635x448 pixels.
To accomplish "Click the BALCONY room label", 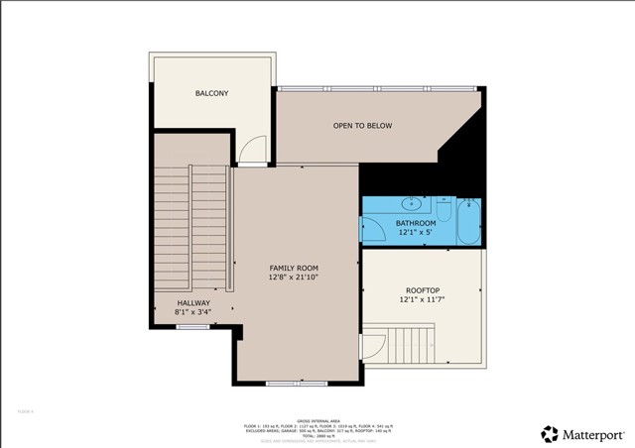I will (x=211, y=94).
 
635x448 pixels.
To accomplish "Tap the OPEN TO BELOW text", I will (x=362, y=126).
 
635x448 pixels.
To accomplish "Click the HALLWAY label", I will (x=192, y=303).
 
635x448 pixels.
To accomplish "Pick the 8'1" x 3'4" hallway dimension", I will (x=192, y=313).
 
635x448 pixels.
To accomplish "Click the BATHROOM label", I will (x=416, y=224).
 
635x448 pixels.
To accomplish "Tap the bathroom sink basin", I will (x=410, y=205).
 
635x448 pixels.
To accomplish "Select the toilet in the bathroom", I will (x=443, y=211).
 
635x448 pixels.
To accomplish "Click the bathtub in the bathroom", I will (x=469, y=221).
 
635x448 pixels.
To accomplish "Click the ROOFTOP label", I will (x=422, y=290).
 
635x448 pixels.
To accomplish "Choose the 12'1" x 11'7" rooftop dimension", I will (x=422, y=300).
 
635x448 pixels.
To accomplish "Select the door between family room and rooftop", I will (x=371, y=347).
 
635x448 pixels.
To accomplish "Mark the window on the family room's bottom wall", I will (x=284, y=383).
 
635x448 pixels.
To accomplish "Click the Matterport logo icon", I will (x=549, y=433).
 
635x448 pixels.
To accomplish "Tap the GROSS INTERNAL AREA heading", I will (x=317, y=419).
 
